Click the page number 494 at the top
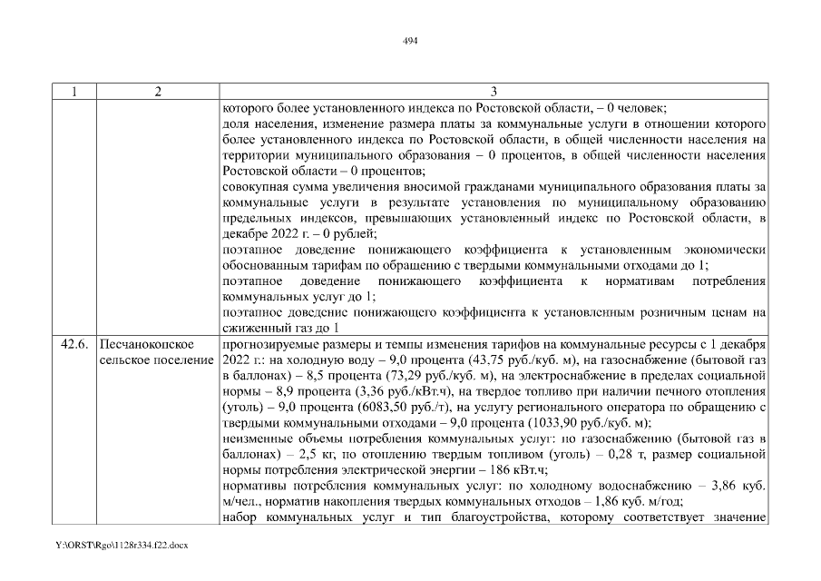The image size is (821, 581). pyautogui.click(x=410, y=40)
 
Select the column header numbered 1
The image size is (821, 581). pyautogui.click(x=73, y=91)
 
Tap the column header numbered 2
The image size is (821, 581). pyautogui.click(x=158, y=91)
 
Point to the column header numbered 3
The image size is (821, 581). pyautogui.click(x=494, y=91)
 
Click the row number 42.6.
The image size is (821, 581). pyautogui.click(x=73, y=346)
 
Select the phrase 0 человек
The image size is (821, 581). pyautogui.click(x=635, y=106)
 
